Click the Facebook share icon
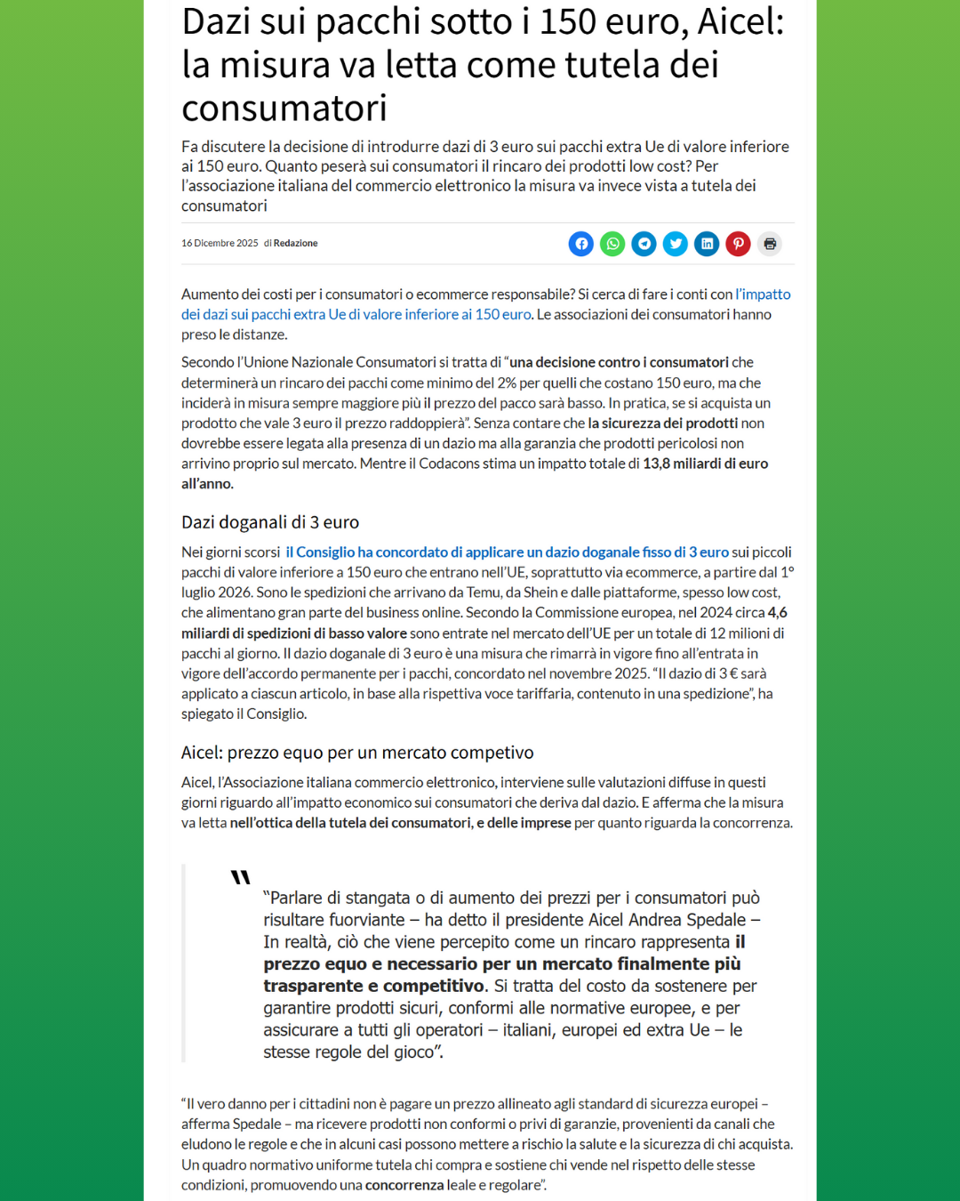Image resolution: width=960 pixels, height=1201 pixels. click(x=581, y=244)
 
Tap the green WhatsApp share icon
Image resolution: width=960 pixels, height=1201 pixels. click(x=612, y=244)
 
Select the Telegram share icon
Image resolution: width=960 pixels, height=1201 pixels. click(x=644, y=244)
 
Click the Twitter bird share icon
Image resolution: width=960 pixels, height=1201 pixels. click(x=676, y=244)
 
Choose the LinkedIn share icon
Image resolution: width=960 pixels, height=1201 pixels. click(x=707, y=244)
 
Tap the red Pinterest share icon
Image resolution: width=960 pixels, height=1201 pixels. click(x=738, y=244)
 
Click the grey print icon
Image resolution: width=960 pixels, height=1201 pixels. click(x=770, y=244)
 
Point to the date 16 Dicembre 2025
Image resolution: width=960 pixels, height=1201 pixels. click(x=220, y=244)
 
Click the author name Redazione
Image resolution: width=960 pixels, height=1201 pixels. click(x=295, y=244)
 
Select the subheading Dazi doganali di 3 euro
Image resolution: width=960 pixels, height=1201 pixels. click(x=270, y=522)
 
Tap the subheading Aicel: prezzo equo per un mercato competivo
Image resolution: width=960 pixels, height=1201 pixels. click(x=357, y=753)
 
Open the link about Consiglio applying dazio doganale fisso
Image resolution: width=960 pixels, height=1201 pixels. click(x=507, y=552)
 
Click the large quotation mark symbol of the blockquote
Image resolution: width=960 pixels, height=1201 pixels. click(x=240, y=877)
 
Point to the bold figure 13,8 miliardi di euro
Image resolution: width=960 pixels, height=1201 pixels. click(x=705, y=463)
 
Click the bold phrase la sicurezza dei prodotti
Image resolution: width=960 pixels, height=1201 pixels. click(x=662, y=423)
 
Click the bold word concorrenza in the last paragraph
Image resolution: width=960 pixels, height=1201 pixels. click(x=404, y=1185)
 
